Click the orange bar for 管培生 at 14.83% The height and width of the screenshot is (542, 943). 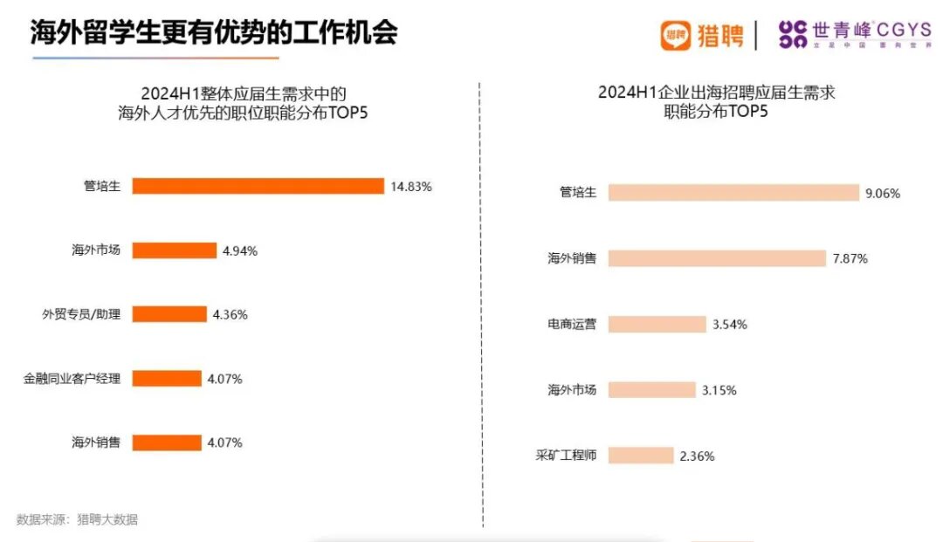click(x=258, y=186)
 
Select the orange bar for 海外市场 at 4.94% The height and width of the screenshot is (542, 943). click(x=174, y=250)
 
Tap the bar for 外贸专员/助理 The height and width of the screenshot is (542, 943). click(x=169, y=314)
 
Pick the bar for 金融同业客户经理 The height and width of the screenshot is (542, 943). click(x=167, y=379)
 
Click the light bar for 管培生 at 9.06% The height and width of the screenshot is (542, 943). click(x=733, y=193)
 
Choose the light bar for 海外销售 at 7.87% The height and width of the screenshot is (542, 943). click(x=717, y=258)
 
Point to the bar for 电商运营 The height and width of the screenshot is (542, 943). click(x=657, y=324)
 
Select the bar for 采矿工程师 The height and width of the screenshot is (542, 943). click(x=641, y=456)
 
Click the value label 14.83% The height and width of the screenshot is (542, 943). click(x=411, y=186)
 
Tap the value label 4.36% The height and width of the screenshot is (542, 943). click(x=231, y=314)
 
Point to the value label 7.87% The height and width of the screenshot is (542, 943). click(x=850, y=258)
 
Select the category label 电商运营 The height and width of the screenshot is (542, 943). click(x=572, y=324)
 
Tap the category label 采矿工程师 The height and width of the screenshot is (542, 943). click(x=566, y=456)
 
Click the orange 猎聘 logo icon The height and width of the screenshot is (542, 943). click(x=675, y=36)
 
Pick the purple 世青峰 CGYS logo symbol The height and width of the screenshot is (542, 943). click(x=792, y=35)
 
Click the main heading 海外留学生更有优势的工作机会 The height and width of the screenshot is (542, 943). click(x=214, y=33)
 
